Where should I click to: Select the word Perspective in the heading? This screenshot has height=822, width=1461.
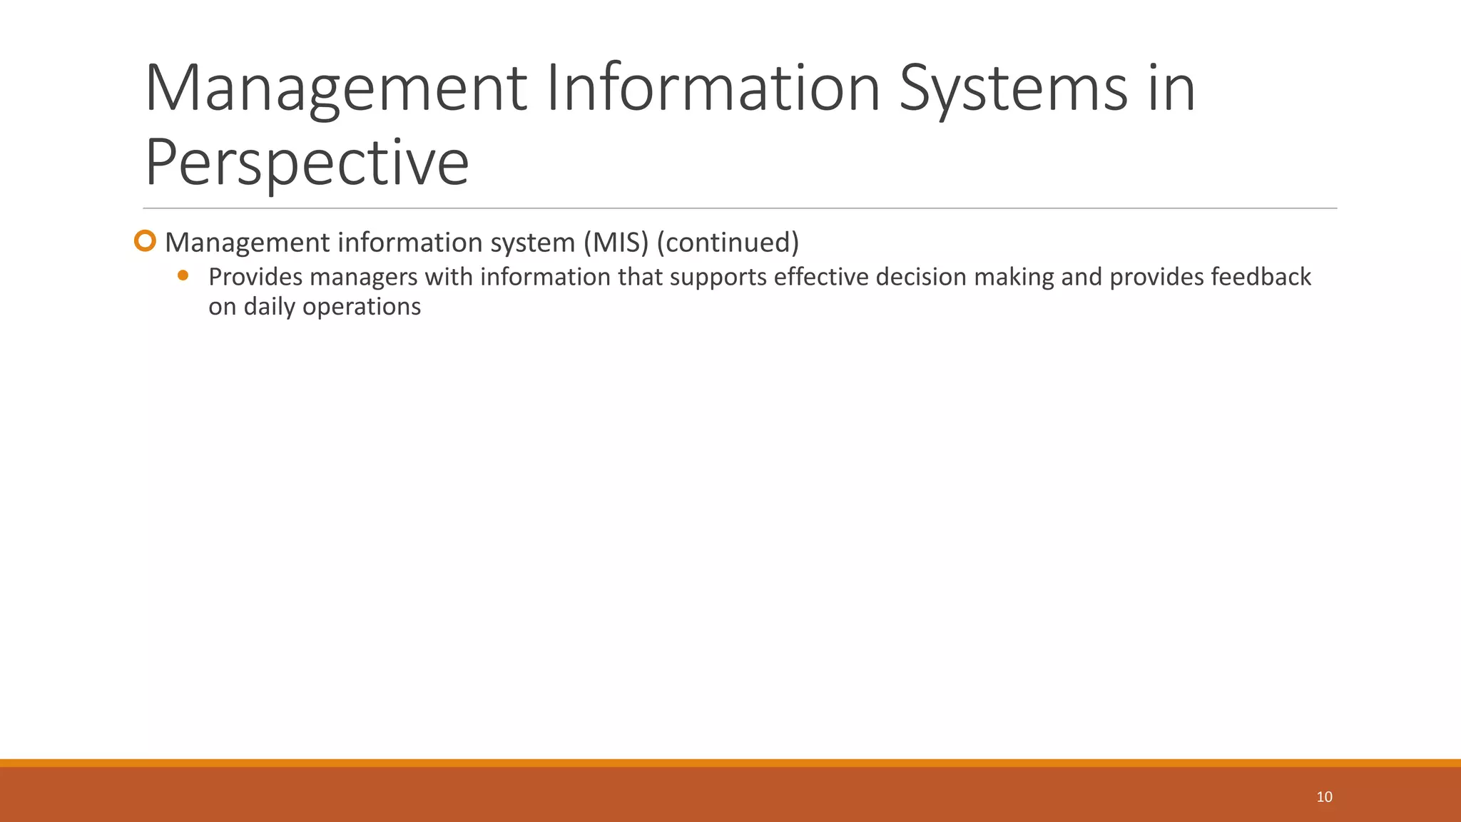click(307, 163)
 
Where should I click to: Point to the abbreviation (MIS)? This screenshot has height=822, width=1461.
click(616, 243)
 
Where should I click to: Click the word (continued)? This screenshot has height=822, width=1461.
click(728, 243)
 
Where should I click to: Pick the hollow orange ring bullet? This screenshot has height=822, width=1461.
click(145, 241)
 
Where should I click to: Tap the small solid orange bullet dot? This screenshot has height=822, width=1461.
click(183, 275)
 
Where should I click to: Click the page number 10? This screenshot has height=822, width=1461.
click(1324, 797)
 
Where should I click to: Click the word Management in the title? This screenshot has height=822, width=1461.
click(335, 88)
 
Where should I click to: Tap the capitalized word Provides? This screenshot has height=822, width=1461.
click(255, 277)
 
